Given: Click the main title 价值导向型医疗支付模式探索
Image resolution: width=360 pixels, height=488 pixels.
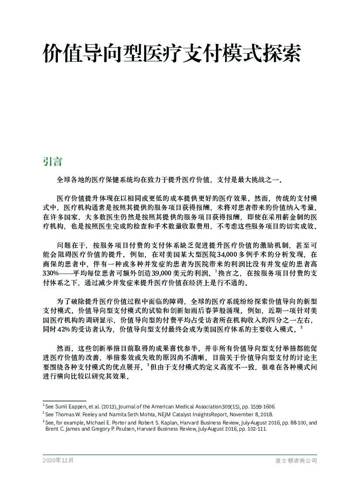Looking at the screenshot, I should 172,54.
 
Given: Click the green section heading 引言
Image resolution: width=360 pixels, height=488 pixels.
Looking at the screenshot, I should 52,161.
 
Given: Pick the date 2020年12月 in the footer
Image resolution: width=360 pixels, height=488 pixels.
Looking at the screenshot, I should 58,460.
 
